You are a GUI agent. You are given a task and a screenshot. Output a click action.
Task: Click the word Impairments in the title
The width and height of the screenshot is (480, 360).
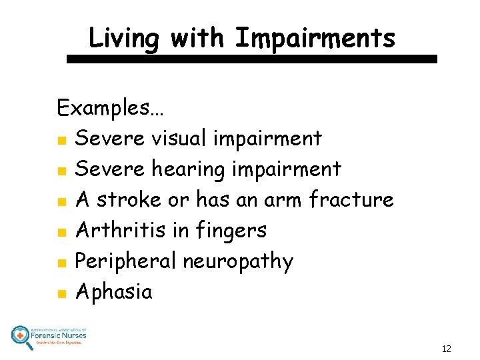click(315, 38)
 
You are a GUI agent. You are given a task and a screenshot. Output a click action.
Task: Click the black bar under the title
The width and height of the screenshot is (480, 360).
click(252, 59)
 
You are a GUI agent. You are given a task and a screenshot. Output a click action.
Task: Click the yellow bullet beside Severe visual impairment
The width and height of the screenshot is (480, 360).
click(61, 140)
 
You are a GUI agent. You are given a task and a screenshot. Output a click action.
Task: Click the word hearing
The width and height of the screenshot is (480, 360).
click(188, 170)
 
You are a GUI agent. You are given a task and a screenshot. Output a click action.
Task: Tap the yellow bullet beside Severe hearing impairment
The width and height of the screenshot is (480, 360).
click(61, 171)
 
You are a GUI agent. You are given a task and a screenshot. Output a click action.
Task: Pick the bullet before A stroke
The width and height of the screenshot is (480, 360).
click(61, 201)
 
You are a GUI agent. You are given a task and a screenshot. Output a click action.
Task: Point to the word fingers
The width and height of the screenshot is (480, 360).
click(231, 231)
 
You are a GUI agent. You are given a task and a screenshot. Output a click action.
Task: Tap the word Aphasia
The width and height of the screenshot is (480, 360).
click(113, 292)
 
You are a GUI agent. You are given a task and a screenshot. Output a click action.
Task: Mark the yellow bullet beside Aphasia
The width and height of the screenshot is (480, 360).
click(61, 293)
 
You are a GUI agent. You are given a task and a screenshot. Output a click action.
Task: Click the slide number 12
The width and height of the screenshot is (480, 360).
click(446, 349)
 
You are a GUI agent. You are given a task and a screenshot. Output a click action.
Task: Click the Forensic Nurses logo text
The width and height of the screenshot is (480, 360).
click(59, 335)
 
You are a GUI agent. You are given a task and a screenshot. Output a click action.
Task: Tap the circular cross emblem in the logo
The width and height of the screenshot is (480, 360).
click(21, 335)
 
